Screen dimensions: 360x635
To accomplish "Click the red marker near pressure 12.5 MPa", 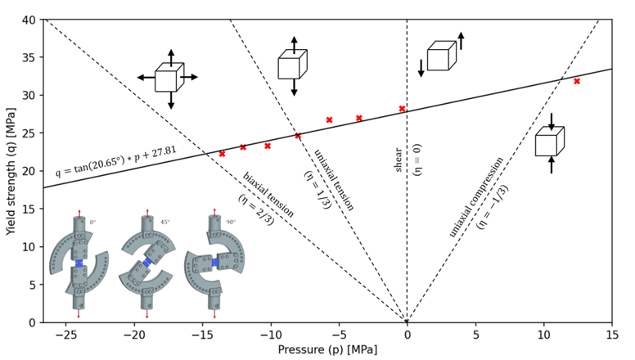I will [x=577, y=81].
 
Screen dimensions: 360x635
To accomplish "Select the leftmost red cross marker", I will [x=222, y=153].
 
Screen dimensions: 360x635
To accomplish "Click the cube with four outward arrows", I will [x=167, y=79].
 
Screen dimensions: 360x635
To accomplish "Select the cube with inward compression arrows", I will [x=547, y=143].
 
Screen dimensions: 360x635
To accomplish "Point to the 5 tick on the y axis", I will [x=31, y=285].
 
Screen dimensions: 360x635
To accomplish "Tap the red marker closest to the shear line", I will [x=402, y=108].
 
